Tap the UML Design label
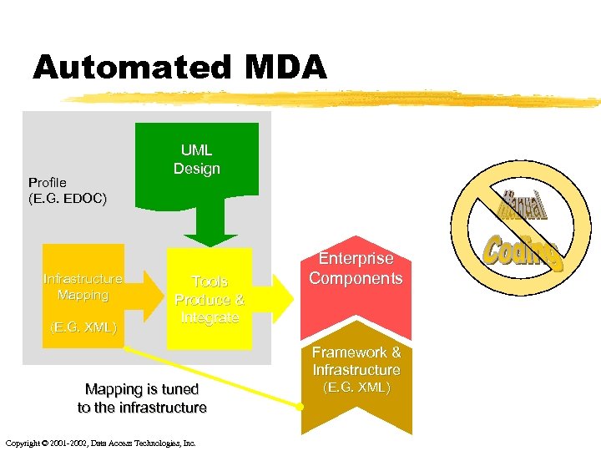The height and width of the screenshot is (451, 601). coord(197,160)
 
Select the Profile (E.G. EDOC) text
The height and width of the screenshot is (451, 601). coord(68,190)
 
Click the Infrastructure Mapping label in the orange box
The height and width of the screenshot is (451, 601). coord(83,286)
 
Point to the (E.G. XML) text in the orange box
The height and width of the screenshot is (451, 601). coord(83,326)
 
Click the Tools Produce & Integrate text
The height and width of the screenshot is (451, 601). coord(210,299)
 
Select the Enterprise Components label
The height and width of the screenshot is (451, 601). coord(356,269)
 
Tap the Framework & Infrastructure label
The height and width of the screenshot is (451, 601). coord(356,361)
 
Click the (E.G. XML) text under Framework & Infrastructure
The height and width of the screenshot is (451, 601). coord(356,388)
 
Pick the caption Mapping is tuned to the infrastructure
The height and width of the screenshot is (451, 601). coord(142,398)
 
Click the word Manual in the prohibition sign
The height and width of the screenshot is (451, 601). coord(523,205)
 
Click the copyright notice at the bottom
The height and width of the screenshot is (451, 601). coord(100,443)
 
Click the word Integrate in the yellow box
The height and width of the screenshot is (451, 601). coord(210,318)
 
